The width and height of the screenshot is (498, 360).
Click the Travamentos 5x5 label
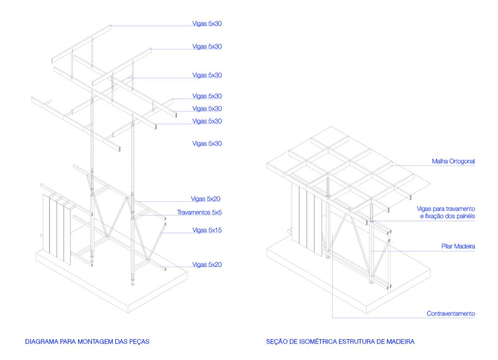[x=199, y=213]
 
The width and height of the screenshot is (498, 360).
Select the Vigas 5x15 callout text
[x=207, y=230]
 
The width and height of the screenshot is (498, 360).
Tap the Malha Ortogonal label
[x=453, y=161]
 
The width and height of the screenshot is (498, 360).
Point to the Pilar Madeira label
[x=458, y=247]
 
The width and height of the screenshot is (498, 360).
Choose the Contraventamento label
[x=451, y=314]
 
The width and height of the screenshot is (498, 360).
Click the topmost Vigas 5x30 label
[x=207, y=23]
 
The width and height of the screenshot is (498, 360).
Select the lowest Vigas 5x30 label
[x=207, y=144]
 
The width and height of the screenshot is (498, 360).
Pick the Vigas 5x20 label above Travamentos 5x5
[x=206, y=199]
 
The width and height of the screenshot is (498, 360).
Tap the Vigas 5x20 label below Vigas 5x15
[x=207, y=265]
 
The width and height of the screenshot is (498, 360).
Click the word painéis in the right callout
[x=463, y=216]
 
